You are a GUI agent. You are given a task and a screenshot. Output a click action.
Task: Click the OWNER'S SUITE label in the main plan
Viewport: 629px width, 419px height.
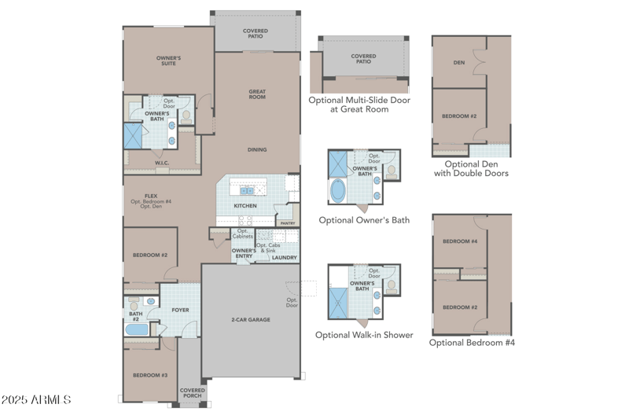pyautogui.click(x=168, y=61)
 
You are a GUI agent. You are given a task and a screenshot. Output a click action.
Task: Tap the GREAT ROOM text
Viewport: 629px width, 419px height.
pyautogui.click(x=257, y=94)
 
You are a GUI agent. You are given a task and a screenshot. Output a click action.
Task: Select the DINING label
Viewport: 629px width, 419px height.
pyautogui.click(x=257, y=149)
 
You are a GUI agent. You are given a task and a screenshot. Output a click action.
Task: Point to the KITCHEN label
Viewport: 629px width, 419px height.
pyautogui.click(x=245, y=206)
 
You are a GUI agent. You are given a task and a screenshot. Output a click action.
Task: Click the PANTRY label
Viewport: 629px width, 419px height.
pyautogui.click(x=288, y=223)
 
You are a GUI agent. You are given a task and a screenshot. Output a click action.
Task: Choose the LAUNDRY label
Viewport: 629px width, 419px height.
pyautogui.click(x=284, y=257)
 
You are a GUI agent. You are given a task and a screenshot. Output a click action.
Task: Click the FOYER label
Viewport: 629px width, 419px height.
pyautogui.click(x=180, y=310)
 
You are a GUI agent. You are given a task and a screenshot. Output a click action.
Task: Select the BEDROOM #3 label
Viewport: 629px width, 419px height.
pyautogui.click(x=149, y=375)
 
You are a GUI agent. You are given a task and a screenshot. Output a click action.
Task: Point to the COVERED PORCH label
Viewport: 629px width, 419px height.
pyautogui.click(x=192, y=393)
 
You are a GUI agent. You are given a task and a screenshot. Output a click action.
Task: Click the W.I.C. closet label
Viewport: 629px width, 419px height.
pyautogui.click(x=162, y=164)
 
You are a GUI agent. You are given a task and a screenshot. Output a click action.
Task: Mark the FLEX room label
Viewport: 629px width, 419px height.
pyautogui.click(x=151, y=197)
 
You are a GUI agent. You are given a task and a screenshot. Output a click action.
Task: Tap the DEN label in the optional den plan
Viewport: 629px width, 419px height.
pyautogui.click(x=459, y=62)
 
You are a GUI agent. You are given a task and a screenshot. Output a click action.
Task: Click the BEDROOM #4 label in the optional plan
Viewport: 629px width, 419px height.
pyautogui.click(x=459, y=241)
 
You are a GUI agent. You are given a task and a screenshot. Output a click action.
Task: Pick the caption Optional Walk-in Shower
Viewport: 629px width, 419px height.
pyautogui.click(x=364, y=335)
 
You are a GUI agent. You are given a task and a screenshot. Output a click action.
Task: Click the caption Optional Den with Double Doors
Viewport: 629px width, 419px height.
pyautogui.click(x=471, y=168)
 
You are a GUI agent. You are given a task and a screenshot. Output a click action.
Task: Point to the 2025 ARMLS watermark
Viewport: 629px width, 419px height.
pyautogui.click(x=36, y=400)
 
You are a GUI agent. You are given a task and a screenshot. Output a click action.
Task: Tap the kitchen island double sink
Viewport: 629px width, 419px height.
pyautogui.click(x=247, y=190)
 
